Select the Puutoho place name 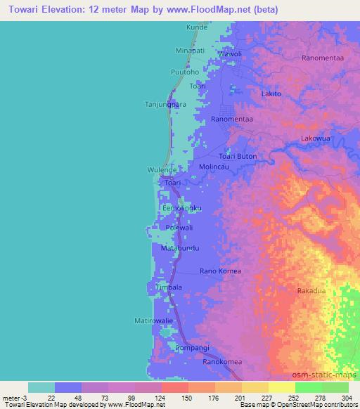[186, 72]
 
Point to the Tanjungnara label [165, 104]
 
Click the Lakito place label [271, 93]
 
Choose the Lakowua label [315, 138]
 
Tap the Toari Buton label [238, 156]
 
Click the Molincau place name [215, 167]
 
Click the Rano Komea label [220, 271]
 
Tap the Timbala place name [169, 287]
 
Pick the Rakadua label [311, 291]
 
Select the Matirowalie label [153, 320]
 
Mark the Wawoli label [229, 53]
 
